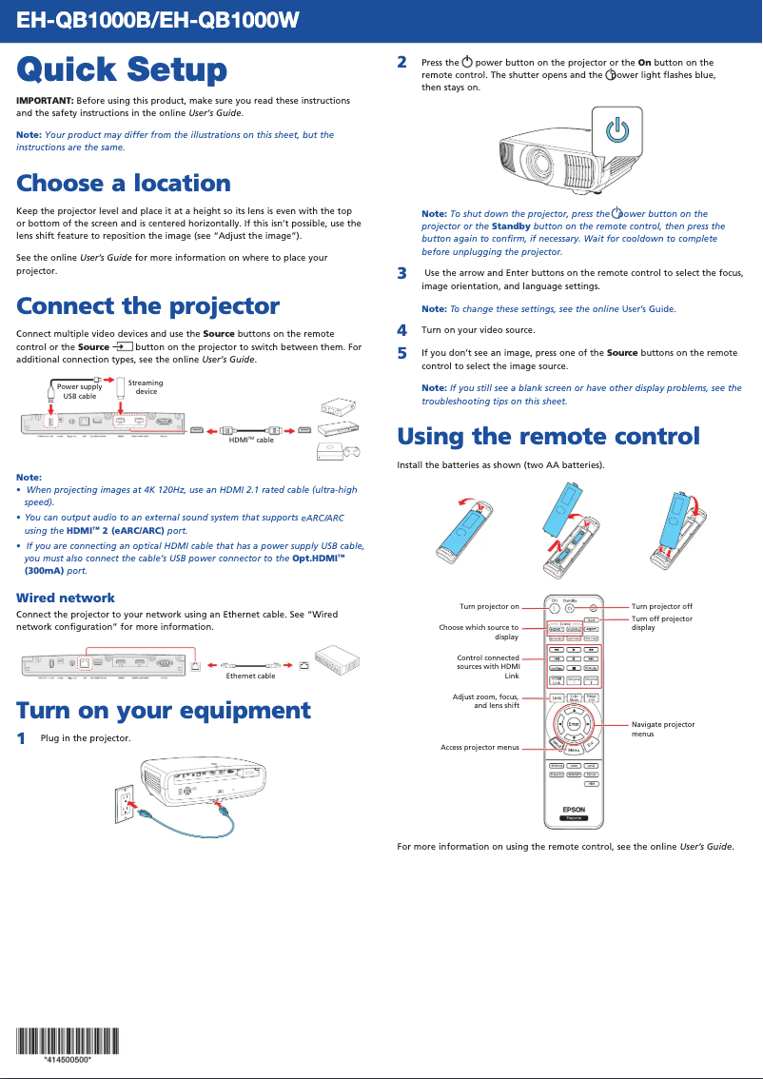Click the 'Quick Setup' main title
point(122,70)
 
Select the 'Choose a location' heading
point(124,183)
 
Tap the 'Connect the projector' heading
point(147,306)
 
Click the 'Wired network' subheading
point(66,598)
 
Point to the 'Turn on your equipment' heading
point(163,711)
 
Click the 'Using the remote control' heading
point(548,437)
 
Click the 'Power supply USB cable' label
point(79,391)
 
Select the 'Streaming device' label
point(146,387)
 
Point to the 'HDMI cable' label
point(251,441)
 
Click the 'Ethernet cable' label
point(250,676)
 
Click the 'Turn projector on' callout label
point(489,606)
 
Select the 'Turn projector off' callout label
point(661,606)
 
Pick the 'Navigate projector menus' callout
point(663,729)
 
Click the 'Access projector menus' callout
point(479,747)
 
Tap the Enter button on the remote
point(574,724)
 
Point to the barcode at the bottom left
point(67,1040)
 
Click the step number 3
point(401,274)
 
